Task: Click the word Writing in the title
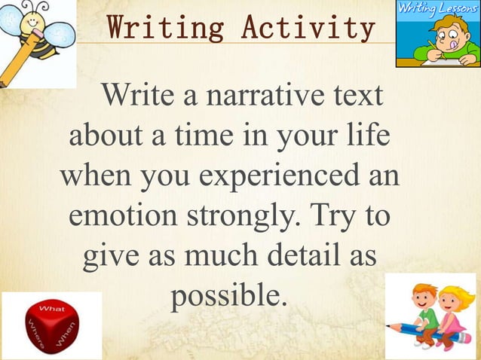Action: click(x=167, y=28)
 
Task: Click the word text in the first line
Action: click(x=354, y=99)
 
